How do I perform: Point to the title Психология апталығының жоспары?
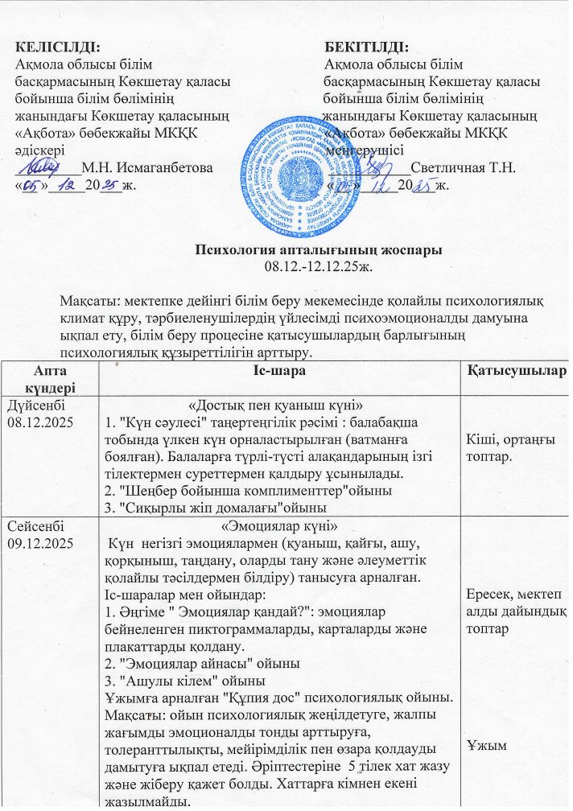click(x=319, y=250)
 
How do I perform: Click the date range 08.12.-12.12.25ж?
click(x=319, y=265)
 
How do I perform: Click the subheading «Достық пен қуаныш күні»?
click(x=279, y=403)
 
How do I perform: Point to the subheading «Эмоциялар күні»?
click(x=279, y=528)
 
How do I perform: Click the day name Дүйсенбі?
click(x=35, y=403)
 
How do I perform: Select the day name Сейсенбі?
click(x=34, y=528)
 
